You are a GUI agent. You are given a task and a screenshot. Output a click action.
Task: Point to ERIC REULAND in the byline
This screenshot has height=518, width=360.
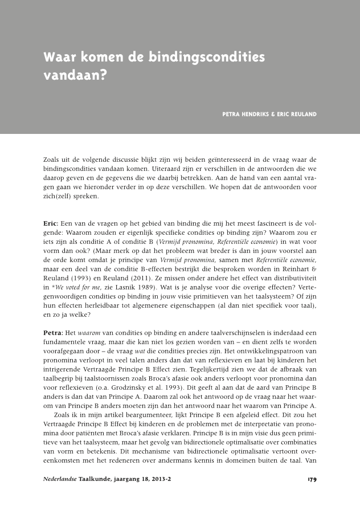[297, 115]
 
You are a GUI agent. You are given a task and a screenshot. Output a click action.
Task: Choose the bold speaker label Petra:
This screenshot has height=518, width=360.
[54, 333]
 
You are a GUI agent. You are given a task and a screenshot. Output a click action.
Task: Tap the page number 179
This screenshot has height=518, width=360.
[312, 480]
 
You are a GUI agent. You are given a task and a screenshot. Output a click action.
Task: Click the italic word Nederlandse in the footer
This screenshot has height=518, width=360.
[60, 480]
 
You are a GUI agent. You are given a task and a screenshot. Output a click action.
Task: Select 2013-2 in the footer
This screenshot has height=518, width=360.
[159, 480]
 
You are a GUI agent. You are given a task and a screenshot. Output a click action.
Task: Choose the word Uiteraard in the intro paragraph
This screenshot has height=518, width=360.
[158, 170]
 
